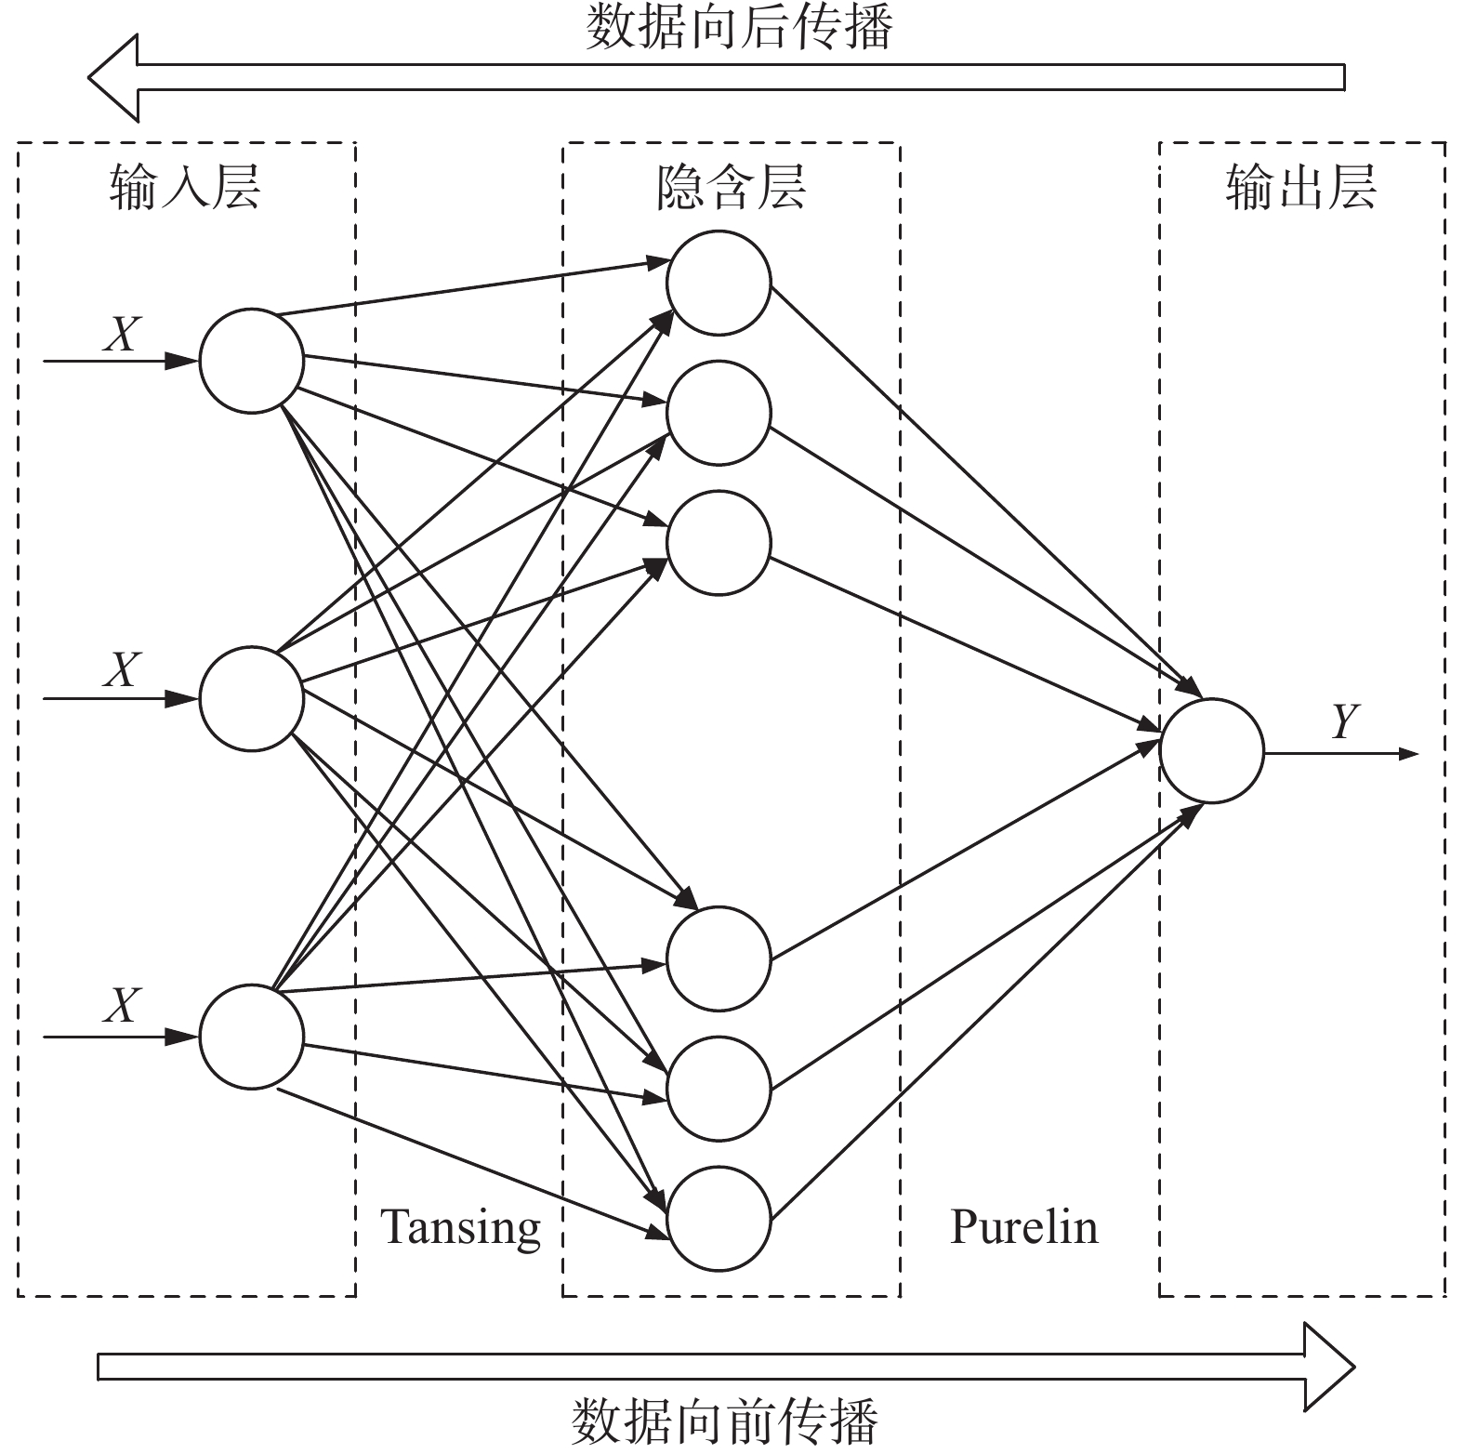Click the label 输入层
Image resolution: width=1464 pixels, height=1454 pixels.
[185, 187]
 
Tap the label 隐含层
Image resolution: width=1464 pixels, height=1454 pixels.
[731, 187]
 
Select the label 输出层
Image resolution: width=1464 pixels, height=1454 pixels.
[1300, 187]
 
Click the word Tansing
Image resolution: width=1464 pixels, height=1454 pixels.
[461, 1227]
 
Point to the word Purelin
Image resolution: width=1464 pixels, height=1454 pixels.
[1023, 1227]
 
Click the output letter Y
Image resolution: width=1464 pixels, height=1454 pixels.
[1345, 721]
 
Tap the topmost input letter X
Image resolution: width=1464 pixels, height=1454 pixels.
[122, 334]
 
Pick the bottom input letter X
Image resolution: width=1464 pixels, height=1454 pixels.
[122, 1006]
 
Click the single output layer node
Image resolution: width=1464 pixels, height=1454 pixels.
[1211, 750]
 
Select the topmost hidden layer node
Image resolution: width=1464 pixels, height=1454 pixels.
[719, 283]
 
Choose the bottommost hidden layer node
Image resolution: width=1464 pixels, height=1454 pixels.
[719, 1219]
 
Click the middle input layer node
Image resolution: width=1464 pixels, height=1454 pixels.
[251, 698]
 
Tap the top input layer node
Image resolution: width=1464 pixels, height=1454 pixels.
[251, 361]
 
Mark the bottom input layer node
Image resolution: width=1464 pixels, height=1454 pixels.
[251, 1037]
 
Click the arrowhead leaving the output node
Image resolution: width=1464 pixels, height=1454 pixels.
[1407, 753]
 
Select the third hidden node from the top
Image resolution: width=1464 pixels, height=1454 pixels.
[719, 543]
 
